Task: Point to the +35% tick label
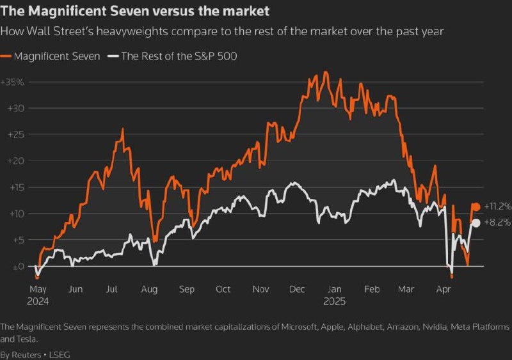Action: click(x=12, y=82)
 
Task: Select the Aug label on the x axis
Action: click(x=149, y=289)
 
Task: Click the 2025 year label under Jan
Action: click(x=334, y=300)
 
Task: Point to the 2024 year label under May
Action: click(x=38, y=300)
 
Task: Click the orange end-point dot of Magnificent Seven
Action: click(x=476, y=207)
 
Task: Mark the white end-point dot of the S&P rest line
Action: click(x=476, y=223)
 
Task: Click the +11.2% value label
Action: click(x=497, y=207)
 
